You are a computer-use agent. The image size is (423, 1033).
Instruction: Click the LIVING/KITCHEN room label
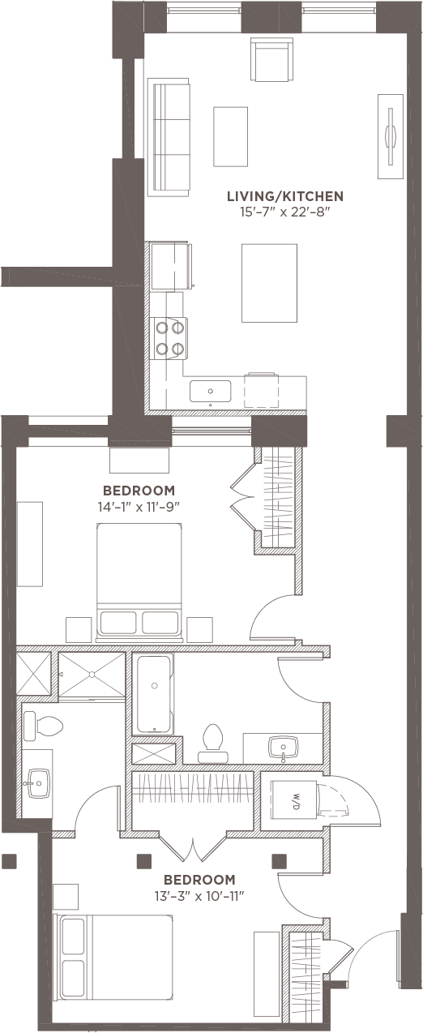[x=285, y=196]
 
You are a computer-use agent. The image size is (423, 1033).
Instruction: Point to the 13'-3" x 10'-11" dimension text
[x=199, y=897]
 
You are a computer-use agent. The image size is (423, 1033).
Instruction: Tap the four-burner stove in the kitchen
[x=170, y=338]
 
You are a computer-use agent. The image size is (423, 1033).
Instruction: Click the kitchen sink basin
[x=210, y=391]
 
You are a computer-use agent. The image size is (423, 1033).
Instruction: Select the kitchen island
[x=270, y=283]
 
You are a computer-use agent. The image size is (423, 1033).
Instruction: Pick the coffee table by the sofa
[x=230, y=136]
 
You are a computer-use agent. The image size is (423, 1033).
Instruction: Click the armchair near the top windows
[x=271, y=60]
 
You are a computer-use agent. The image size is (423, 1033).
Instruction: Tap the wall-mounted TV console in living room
[x=391, y=136]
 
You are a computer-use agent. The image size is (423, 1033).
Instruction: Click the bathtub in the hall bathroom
[x=154, y=695]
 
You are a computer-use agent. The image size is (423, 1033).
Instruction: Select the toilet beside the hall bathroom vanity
[x=212, y=743]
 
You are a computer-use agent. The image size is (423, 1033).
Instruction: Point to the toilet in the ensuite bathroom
[x=42, y=727]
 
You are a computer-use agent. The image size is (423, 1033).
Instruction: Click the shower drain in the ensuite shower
[x=92, y=675]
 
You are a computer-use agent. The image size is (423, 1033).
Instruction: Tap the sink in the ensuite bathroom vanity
[x=39, y=783]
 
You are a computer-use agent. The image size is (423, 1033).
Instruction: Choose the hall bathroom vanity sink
[x=284, y=746]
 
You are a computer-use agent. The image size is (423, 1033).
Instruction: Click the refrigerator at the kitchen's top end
[x=170, y=266]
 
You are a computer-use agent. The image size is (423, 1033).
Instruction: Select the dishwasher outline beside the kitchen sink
[x=262, y=390]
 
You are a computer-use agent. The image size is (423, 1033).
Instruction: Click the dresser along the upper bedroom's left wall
[x=30, y=544]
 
